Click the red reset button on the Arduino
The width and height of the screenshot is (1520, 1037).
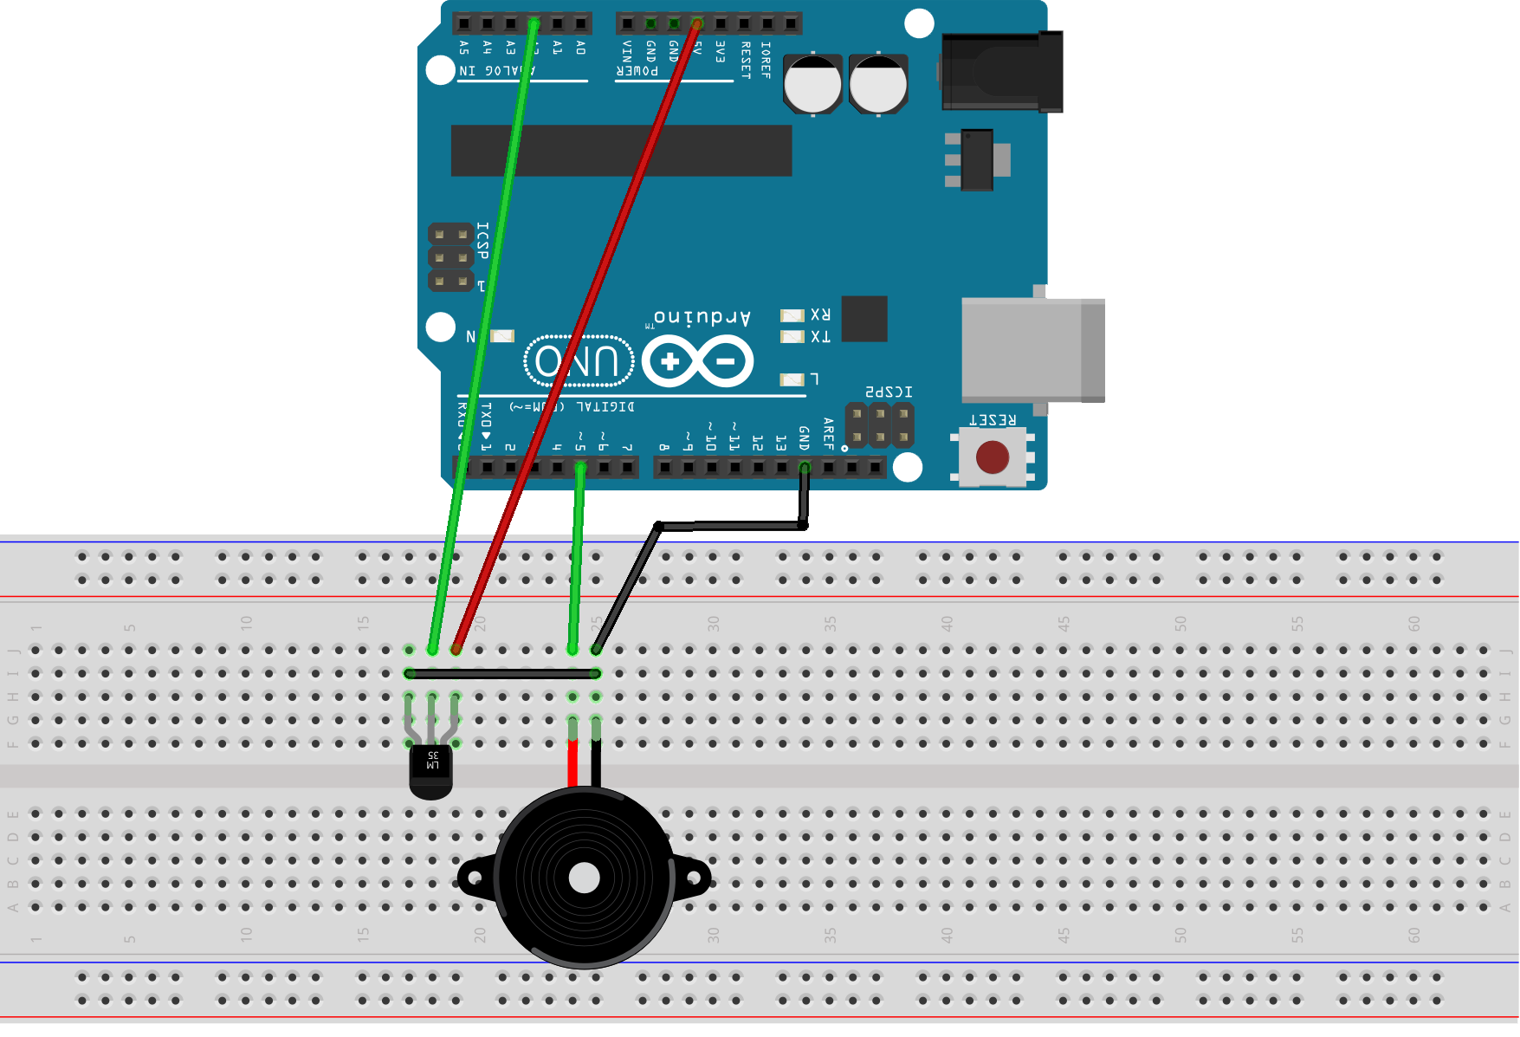(992, 457)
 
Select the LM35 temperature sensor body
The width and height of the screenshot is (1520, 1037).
(430, 771)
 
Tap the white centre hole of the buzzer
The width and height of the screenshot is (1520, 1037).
(584, 878)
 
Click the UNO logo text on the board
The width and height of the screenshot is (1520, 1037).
(578, 361)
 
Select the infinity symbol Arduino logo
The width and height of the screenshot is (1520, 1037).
(698, 361)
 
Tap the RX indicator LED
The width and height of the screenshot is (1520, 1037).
(792, 315)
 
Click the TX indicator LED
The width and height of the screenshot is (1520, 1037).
(792, 337)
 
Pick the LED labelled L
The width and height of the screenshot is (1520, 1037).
(792, 379)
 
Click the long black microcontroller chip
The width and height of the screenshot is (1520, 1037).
(621, 151)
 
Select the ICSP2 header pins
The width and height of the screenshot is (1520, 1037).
(879, 425)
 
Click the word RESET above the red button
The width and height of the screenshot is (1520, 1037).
(992, 420)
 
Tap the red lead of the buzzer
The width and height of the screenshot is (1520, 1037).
(572, 762)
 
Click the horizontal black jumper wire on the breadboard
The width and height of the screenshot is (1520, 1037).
(502, 673)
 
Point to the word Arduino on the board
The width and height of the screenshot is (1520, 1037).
(702, 317)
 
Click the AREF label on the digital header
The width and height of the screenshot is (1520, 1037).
(828, 433)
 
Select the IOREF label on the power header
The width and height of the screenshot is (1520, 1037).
(766, 60)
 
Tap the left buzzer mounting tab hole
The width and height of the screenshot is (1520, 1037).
(475, 878)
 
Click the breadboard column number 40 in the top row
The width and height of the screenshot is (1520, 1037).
(947, 623)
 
